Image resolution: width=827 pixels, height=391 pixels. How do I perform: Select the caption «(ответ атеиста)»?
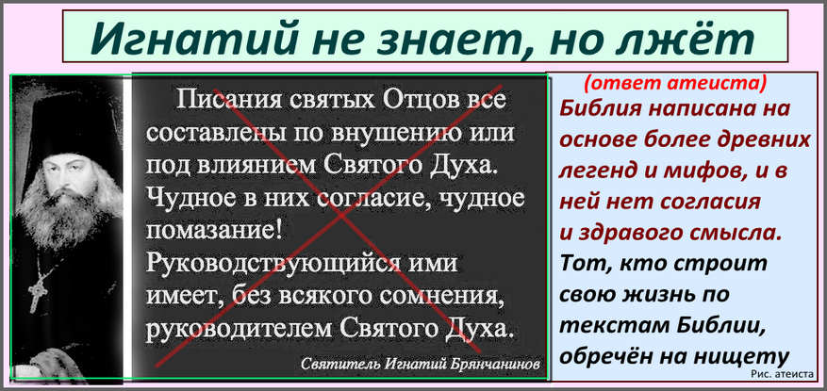tap(675, 83)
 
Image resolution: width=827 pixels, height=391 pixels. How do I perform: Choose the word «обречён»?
tap(602, 356)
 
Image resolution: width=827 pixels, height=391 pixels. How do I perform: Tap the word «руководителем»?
tap(239, 330)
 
